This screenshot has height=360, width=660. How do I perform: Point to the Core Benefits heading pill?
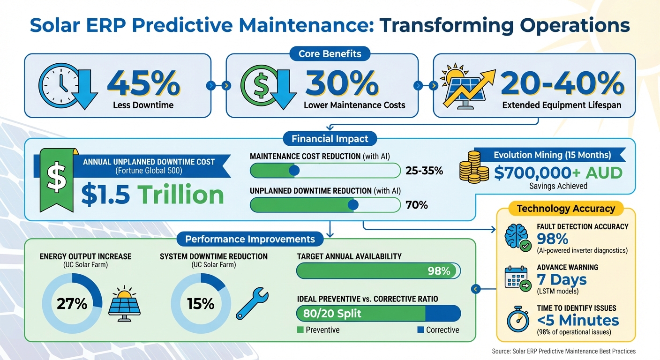(x=330, y=54)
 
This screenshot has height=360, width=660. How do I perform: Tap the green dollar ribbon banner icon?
(x=55, y=178)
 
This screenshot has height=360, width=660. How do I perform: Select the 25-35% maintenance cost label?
(x=424, y=171)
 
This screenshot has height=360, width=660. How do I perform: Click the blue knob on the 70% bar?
(x=353, y=205)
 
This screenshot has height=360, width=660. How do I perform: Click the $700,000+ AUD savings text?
(x=558, y=173)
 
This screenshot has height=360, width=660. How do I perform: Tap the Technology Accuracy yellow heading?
(x=565, y=209)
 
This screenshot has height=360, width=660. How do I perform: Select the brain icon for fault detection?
(x=517, y=237)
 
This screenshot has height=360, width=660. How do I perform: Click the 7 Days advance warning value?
(x=562, y=279)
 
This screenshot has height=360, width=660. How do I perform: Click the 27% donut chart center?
(x=72, y=304)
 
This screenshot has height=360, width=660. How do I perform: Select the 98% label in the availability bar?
(x=439, y=270)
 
